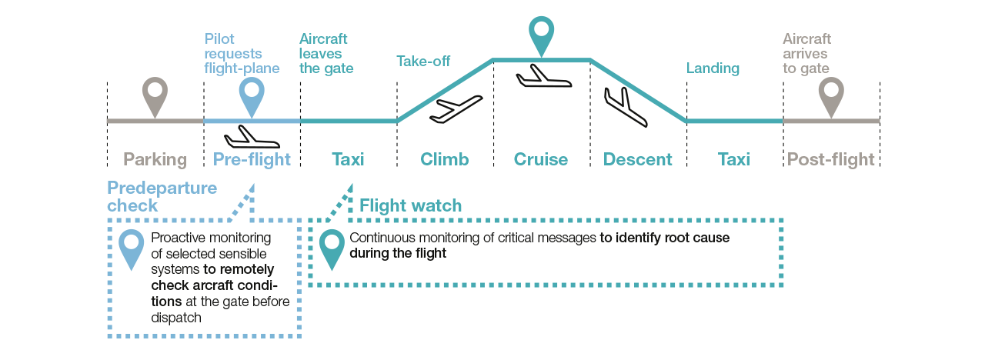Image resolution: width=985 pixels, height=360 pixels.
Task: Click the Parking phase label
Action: point(155,160)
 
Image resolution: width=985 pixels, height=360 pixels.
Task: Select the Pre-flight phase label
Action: point(252,160)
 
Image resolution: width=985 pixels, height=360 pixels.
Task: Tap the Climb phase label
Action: point(444,160)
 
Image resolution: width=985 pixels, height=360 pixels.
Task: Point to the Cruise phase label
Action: point(541,160)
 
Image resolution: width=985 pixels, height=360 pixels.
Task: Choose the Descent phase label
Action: point(638,160)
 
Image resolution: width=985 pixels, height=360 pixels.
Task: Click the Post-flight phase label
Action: point(831,160)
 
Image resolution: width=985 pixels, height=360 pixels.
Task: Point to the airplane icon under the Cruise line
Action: point(542,76)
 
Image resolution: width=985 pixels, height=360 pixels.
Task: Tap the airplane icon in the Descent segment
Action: point(625,106)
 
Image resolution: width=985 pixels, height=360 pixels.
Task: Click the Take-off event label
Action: point(423,61)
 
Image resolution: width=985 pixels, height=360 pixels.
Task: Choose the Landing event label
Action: point(713,68)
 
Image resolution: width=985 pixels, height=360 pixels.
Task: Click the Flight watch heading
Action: point(411,205)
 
